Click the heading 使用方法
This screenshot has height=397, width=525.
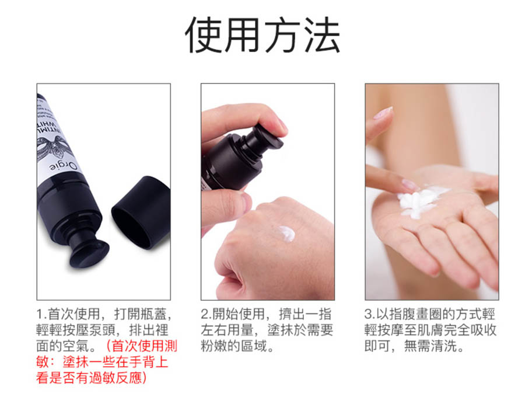point(263,35)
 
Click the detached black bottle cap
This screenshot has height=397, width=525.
point(141,213)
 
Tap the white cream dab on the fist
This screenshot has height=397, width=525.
point(287,234)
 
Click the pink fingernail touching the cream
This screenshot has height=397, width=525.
point(409,184)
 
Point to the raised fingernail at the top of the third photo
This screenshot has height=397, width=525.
point(383,113)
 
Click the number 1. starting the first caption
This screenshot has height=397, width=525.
point(41,314)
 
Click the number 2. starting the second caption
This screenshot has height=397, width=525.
point(206,314)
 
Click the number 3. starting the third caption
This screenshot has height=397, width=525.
point(370,314)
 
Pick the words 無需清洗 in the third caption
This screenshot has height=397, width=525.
point(430,346)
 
